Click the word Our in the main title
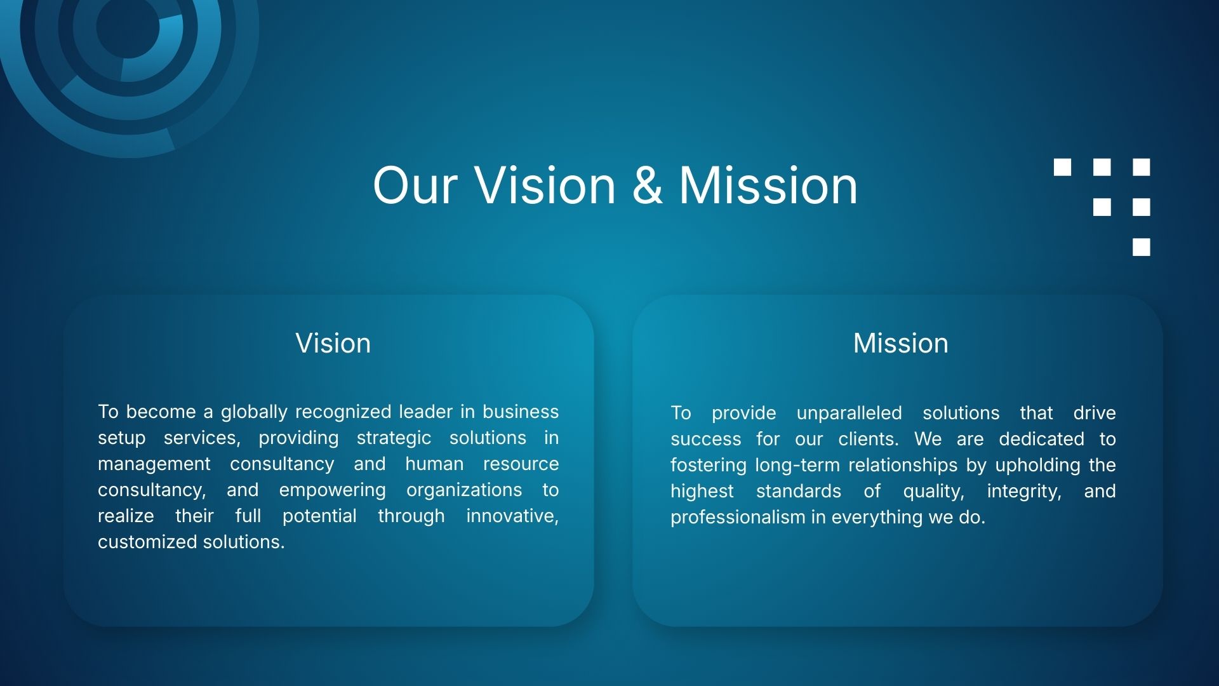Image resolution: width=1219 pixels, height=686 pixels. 415,185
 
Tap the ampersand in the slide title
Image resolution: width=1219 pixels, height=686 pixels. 647,185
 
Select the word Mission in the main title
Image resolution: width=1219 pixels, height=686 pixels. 768,185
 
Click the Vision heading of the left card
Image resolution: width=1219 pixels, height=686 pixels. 333,343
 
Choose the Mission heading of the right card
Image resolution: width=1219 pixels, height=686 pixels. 901,343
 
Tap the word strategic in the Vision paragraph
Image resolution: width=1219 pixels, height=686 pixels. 394,438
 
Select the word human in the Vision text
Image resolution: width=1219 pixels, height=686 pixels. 434,464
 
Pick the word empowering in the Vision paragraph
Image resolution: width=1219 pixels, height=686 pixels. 332,490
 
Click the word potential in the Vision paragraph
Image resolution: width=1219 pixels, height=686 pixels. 319,516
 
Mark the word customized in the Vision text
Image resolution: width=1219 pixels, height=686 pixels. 147,542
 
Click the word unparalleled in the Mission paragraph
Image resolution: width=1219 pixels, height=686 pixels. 849,414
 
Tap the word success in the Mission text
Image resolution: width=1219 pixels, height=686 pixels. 706,439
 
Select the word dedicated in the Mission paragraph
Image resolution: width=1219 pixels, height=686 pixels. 1041,439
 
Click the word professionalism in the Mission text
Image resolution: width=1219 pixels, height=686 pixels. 738,517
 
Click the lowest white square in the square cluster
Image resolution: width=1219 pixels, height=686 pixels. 1142,247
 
